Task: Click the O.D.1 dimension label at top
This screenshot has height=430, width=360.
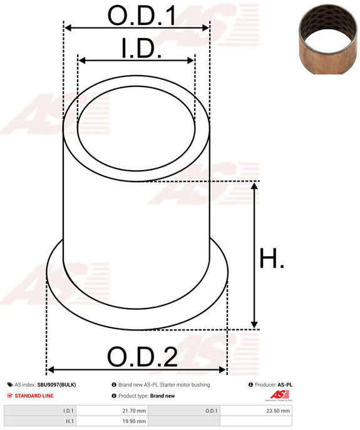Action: (x=141, y=16)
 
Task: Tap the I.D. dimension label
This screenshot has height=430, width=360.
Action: (x=141, y=48)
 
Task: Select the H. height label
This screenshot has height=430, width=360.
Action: (x=271, y=259)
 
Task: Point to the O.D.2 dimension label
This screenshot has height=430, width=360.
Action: (x=142, y=357)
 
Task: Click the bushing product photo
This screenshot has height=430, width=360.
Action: (x=328, y=39)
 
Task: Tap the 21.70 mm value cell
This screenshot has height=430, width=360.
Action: (x=112, y=411)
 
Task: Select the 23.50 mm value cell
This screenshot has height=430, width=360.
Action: (x=256, y=411)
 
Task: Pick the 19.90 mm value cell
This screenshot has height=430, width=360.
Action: (x=112, y=421)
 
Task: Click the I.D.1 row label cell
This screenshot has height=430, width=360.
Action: (x=40, y=411)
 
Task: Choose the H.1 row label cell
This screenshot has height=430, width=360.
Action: (x=40, y=421)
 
